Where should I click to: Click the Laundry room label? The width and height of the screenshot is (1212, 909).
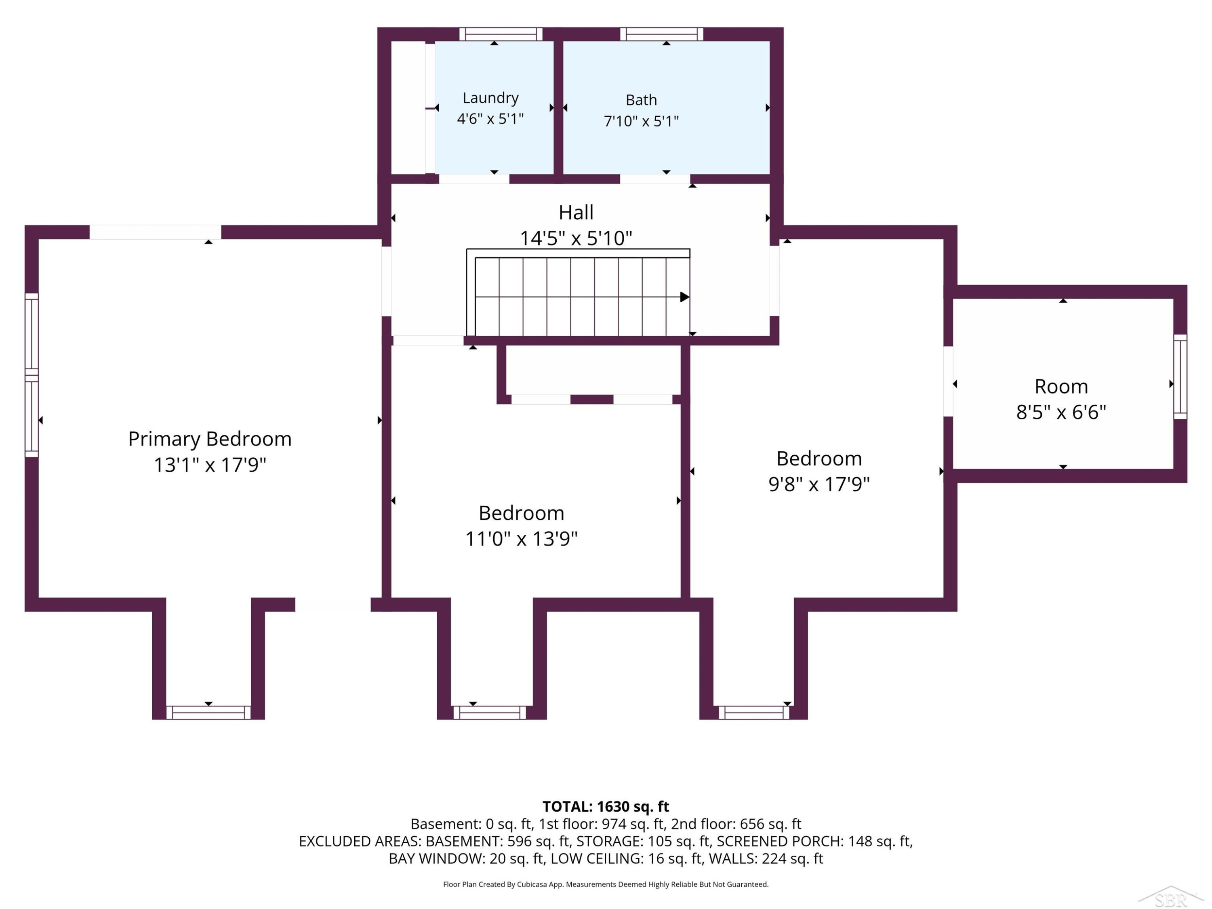point(490,98)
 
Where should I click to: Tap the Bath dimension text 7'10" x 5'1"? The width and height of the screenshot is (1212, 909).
point(641,121)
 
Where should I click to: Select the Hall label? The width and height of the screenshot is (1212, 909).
point(576,213)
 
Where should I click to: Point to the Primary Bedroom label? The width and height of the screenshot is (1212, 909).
point(210,439)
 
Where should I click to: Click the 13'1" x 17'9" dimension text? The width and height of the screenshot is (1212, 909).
point(210,465)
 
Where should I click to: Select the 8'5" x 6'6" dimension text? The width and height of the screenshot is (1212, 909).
point(1061,412)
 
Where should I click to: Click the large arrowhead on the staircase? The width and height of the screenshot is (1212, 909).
point(685,297)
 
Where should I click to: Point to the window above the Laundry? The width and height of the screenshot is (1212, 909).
point(500,34)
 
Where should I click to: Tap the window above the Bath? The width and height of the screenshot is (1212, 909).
point(661,34)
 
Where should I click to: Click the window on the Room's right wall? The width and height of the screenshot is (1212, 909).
point(1180,377)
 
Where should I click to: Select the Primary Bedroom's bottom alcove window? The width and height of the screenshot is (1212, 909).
point(208,712)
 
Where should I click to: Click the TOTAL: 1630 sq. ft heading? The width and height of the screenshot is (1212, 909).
point(606,806)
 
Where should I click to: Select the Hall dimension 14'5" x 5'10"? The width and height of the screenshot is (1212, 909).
point(576,238)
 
